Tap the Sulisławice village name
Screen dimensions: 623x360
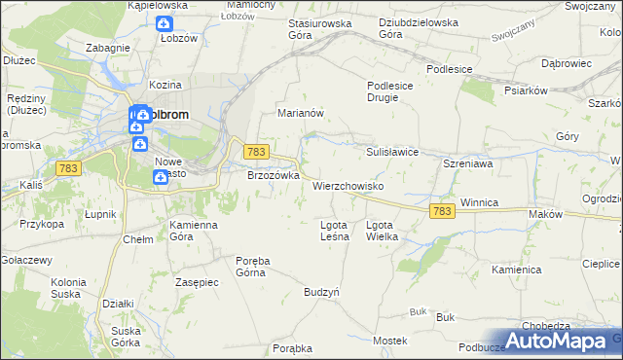click(391, 153)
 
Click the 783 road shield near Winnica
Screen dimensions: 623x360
click(441, 211)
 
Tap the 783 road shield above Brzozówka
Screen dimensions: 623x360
click(256, 152)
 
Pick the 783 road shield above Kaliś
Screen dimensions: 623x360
click(69, 169)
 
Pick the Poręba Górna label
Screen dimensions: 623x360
click(250, 267)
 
